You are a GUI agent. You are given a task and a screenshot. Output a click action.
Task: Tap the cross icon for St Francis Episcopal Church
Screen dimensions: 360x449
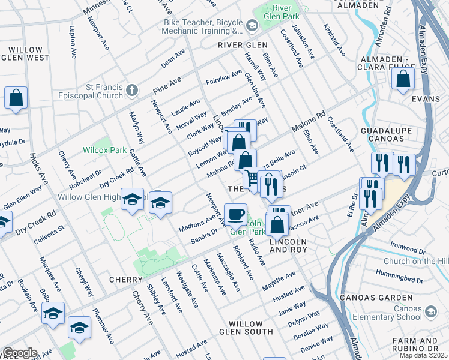132,90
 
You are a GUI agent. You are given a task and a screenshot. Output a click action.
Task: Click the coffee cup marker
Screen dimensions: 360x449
235,214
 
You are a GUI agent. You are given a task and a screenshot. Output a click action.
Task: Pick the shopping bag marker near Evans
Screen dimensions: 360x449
403,79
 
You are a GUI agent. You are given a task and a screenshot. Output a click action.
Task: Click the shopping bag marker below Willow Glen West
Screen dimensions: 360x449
16,98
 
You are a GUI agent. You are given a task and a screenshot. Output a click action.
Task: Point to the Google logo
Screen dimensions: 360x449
19,353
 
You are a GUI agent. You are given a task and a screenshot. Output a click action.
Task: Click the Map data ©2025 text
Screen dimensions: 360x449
423,355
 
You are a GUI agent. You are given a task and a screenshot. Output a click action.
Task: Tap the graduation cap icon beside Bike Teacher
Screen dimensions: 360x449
251,25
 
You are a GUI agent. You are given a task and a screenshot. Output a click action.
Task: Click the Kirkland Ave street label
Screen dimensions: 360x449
334,40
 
